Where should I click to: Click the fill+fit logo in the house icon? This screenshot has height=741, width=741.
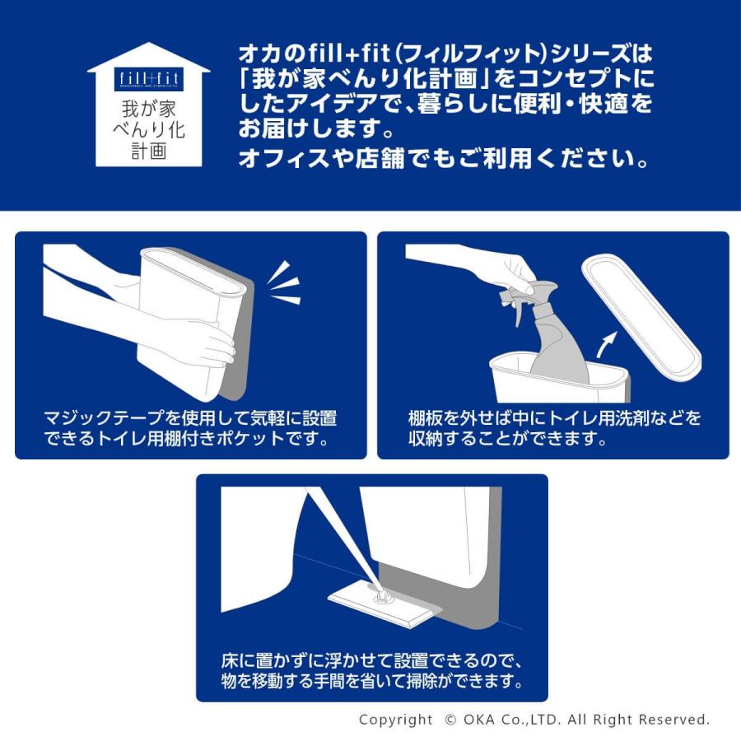(x=148, y=80)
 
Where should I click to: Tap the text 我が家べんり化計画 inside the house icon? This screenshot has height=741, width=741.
(x=148, y=128)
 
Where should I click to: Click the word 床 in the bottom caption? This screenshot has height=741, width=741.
(x=230, y=661)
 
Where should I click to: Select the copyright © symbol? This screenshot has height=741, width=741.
(x=450, y=720)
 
